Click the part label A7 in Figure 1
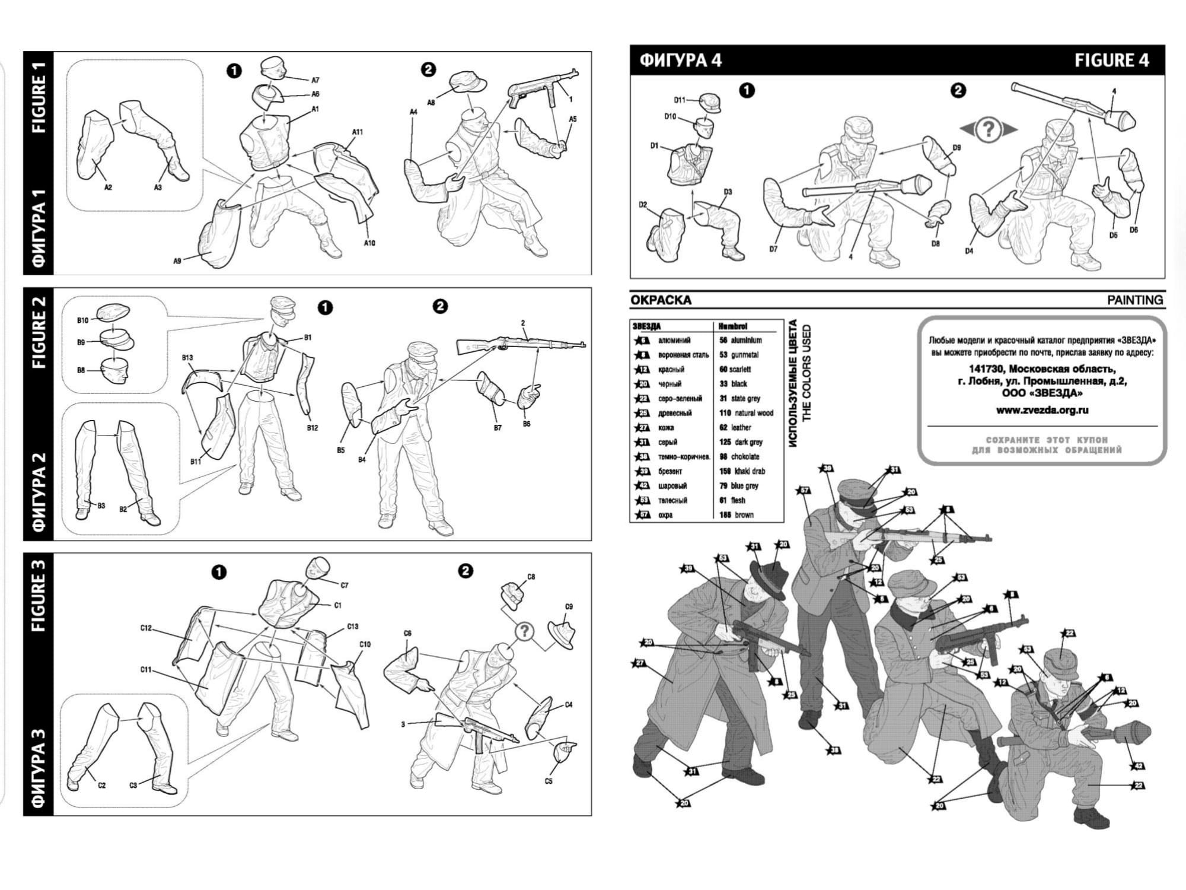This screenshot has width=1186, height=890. [315, 80]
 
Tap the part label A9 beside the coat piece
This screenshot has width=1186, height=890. [177, 261]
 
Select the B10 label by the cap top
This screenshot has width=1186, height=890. [82, 320]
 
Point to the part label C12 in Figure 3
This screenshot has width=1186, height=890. [146, 628]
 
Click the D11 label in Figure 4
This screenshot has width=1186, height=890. [680, 100]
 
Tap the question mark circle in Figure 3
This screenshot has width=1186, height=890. [524, 631]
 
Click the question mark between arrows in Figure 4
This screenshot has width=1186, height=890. [988, 129]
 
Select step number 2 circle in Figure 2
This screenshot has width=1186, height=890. [440, 306]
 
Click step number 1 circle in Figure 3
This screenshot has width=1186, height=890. [219, 572]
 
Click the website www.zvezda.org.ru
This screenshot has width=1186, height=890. [1042, 410]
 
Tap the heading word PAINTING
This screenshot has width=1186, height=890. [1134, 300]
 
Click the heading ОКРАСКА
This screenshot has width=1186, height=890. [661, 300]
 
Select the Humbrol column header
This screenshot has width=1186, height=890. [732, 326]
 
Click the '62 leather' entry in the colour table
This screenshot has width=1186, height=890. [735, 427]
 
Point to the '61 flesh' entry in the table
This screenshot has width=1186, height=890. [732, 500]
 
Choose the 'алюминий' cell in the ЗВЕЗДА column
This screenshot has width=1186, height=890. [674, 341]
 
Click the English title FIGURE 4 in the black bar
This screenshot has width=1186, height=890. [1112, 61]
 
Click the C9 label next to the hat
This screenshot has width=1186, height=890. [569, 607]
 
